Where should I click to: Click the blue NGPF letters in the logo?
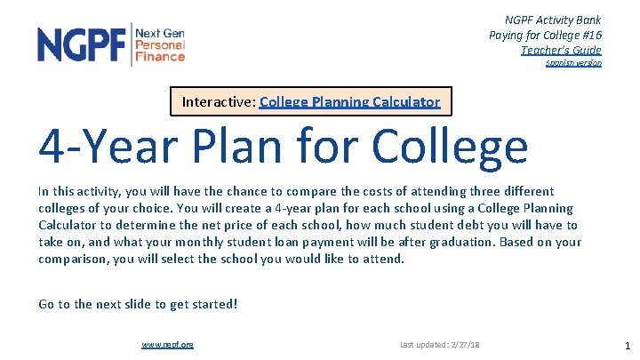82,44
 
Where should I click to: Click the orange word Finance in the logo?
160,57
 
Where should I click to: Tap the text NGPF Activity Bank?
552,20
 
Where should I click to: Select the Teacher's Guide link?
561,50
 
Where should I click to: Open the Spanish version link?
573,63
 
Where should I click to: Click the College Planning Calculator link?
349,101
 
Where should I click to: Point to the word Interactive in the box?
218,101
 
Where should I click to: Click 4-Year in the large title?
103,147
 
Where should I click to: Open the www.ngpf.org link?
168,344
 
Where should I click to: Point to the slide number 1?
628,345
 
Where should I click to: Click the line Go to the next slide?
138,304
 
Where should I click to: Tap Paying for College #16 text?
545,35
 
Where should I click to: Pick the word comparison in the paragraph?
74,259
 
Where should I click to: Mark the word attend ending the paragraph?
383,259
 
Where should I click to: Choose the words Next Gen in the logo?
160,33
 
